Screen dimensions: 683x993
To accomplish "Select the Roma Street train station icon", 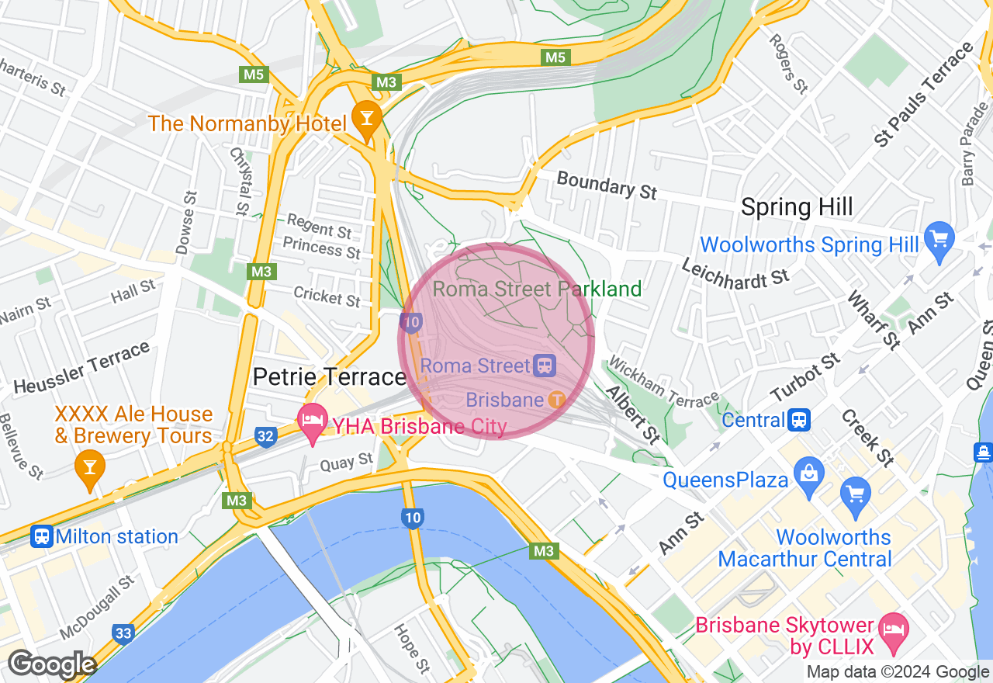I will [545, 366].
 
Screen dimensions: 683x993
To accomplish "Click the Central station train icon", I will [799, 420].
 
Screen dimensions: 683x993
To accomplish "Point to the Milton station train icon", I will [42, 536].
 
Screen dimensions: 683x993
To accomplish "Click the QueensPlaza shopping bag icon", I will [809, 473].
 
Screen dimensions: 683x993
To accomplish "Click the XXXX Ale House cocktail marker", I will [90, 468].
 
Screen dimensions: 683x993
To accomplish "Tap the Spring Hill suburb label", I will [797, 207].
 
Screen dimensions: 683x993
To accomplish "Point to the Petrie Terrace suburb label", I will [330, 377].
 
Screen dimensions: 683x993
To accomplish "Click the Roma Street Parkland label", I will [537, 289].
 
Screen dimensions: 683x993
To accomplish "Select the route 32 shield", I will [265, 436].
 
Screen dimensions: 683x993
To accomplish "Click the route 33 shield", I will [123, 633].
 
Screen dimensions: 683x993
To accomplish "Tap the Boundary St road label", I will [607, 185].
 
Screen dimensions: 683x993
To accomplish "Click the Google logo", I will [51, 665].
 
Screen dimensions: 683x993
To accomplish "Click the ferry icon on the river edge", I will [983, 452].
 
